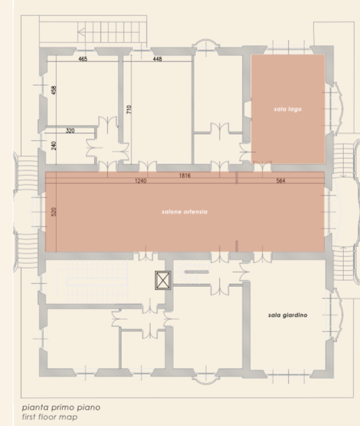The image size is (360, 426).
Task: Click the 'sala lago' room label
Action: coord(288,110)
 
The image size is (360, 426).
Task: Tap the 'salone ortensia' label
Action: coord(184,212)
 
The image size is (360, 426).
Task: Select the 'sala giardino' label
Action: coord(288,315)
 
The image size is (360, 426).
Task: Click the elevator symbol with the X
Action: coord(163,280)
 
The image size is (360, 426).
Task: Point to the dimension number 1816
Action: coord(185,176)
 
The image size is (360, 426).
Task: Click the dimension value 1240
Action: coord(140,181)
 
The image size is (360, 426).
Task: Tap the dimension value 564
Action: coord(281,181)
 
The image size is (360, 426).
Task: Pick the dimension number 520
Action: coord(54,212)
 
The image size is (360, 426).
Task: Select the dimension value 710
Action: coord(129,110)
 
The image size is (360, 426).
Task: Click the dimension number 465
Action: coord(83,59)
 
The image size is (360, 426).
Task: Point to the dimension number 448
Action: coord(157,59)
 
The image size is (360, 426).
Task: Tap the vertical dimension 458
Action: coord(54,90)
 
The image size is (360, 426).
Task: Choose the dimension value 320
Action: coord(70,131)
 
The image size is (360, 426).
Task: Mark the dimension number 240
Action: coord(54,145)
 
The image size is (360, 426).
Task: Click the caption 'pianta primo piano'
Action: coord(61,408)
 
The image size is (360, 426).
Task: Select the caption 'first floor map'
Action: coord(50,417)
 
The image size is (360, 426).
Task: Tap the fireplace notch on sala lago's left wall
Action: coord(248,110)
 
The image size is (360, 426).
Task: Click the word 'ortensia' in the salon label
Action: coord(195,212)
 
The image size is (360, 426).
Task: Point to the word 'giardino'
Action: coord(295,315)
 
